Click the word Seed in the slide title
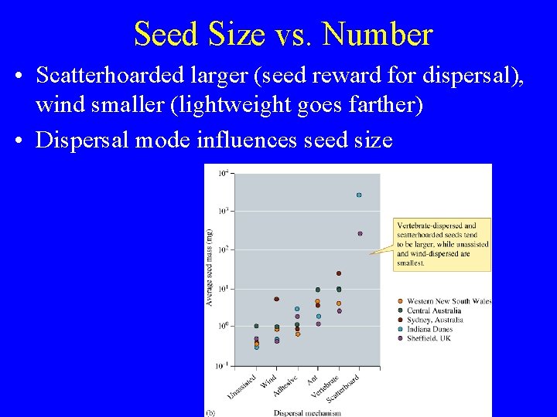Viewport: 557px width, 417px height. click(x=163, y=35)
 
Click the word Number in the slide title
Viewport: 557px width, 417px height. click(x=377, y=35)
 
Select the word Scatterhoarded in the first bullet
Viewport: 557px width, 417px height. click(x=108, y=76)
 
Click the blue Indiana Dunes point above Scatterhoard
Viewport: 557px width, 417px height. click(x=359, y=195)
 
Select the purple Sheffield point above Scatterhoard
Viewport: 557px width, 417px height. click(x=360, y=233)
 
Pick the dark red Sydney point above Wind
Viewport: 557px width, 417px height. click(x=276, y=299)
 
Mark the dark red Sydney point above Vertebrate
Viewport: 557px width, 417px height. click(x=339, y=273)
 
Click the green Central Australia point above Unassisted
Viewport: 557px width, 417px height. click(x=256, y=326)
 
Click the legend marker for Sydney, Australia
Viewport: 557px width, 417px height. click(x=400, y=320)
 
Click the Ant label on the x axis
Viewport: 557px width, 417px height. click(x=312, y=378)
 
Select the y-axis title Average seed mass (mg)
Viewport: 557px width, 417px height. click(x=209, y=266)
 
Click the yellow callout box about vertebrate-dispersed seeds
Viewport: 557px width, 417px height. click(x=443, y=243)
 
